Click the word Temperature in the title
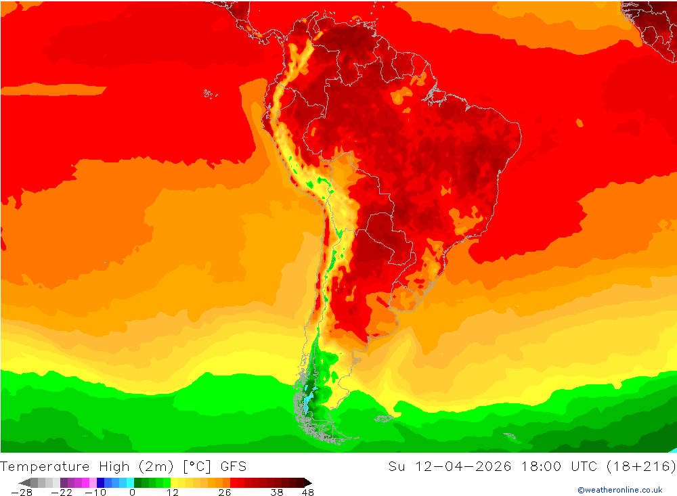point(45,466)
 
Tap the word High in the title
point(115,466)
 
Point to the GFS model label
point(233,466)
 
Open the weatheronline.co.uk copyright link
point(619,490)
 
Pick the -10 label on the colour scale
point(95,493)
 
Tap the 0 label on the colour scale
point(132,493)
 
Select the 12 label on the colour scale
point(173,493)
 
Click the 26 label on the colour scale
point(224,493)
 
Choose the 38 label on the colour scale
point(276,493)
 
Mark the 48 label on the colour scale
point(307,493)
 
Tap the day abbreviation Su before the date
point(397,466)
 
